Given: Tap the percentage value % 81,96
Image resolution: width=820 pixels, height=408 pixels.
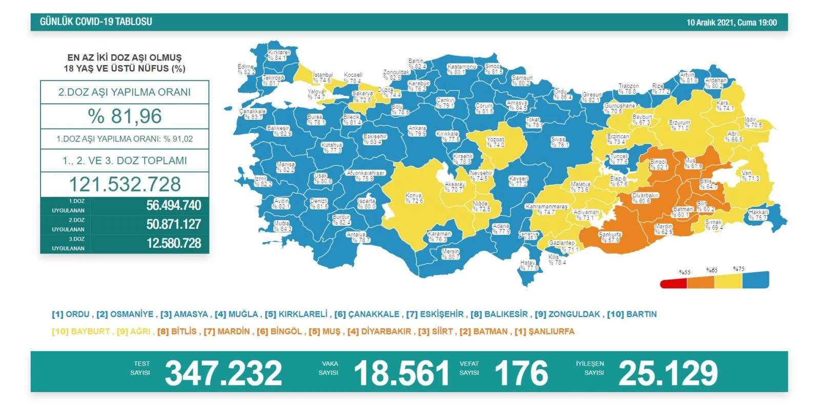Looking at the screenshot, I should click(125, 116).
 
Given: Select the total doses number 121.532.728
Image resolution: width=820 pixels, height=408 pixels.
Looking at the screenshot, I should click(125, 184).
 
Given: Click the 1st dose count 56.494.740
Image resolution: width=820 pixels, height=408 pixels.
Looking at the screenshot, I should click(173, 206).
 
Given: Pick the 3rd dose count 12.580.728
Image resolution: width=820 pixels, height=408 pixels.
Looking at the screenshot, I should click(173, 244).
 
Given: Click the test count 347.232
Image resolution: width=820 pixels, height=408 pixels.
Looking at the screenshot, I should click(223, 373).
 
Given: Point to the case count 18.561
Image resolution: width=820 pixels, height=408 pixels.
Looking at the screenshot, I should click(401, 373).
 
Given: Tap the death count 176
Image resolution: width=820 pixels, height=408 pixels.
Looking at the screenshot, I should click(521, 373).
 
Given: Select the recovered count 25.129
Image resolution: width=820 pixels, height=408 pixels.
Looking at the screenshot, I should click(668, 373).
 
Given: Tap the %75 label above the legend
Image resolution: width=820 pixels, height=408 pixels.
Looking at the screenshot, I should click(739, 269).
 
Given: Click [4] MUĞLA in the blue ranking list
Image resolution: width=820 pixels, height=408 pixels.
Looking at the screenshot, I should click(236, 314).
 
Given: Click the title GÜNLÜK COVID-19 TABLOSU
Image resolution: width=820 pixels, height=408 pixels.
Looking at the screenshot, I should click(96, 22).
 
